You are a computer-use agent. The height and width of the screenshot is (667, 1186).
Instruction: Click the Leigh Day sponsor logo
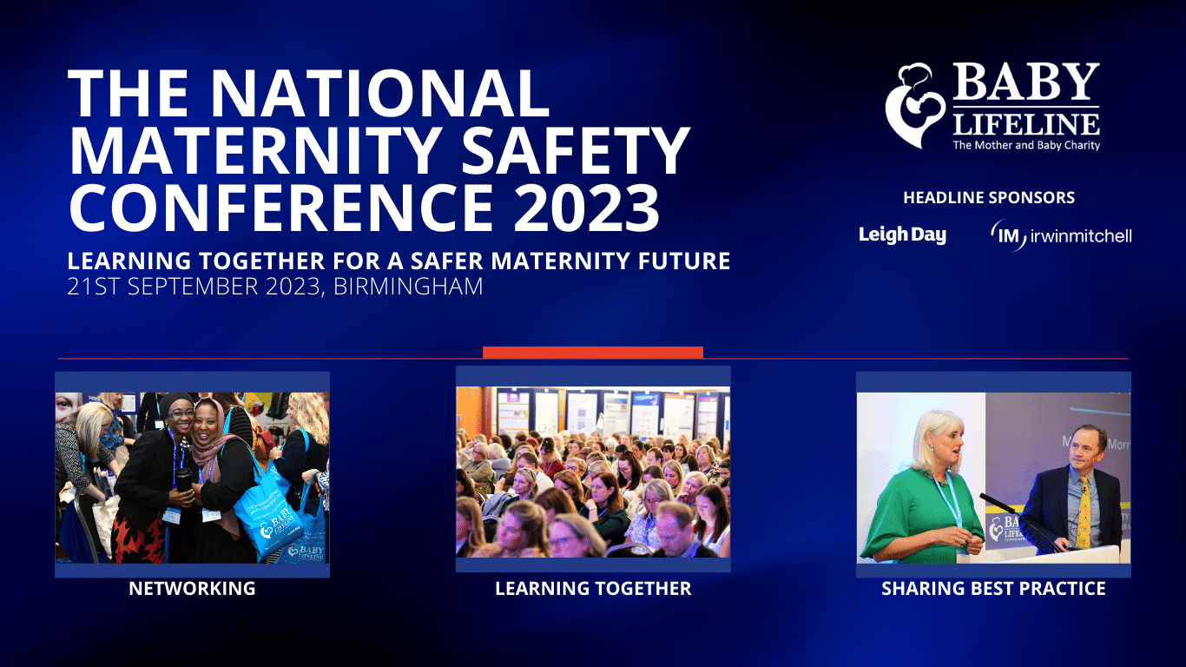click(902, 234)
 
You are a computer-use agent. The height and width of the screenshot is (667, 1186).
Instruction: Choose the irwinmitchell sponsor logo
click(1061, 235)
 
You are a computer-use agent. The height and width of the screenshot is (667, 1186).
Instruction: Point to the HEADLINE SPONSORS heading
click(989, 198)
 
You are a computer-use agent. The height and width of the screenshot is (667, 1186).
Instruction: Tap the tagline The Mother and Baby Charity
click(1026, 145)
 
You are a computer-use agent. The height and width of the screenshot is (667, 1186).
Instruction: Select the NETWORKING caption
click(192, 589)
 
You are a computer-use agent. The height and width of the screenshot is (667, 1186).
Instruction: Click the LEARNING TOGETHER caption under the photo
click(593, 589)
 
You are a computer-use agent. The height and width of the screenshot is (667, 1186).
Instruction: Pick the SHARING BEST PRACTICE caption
click(993, 589)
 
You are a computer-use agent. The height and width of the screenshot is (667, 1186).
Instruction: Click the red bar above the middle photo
click(592, 352)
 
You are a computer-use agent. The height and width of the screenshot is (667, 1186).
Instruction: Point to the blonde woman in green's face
click(941, 443)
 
